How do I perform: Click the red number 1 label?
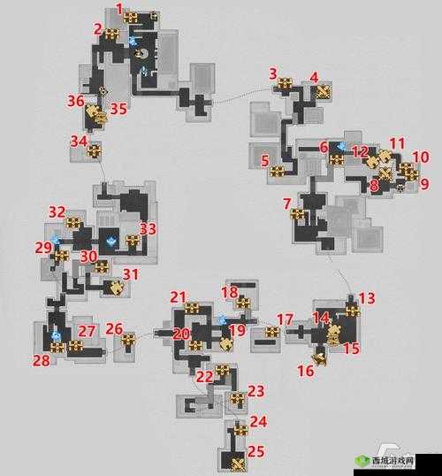coord(119,9)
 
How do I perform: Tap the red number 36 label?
coord(75,101)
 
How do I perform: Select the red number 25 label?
coord(255,452)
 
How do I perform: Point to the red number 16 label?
coord(306,371)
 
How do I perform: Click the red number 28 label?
coord(42,361)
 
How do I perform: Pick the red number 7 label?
coord(287,203)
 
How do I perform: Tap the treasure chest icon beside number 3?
coord(286,83)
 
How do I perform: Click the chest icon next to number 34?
coord(95,150)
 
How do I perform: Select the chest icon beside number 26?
coord(128,340)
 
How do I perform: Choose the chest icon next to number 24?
coord(240,430)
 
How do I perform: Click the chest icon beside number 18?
coord(243,303)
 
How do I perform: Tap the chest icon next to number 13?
coord(353,311)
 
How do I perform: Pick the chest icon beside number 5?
coord(277,173)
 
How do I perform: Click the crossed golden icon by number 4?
coord(324,91)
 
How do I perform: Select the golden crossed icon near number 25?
coord(239,464)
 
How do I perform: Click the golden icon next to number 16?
coord(320,359)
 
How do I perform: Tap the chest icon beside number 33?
coord(133,241)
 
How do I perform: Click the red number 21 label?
coord(178,297)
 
